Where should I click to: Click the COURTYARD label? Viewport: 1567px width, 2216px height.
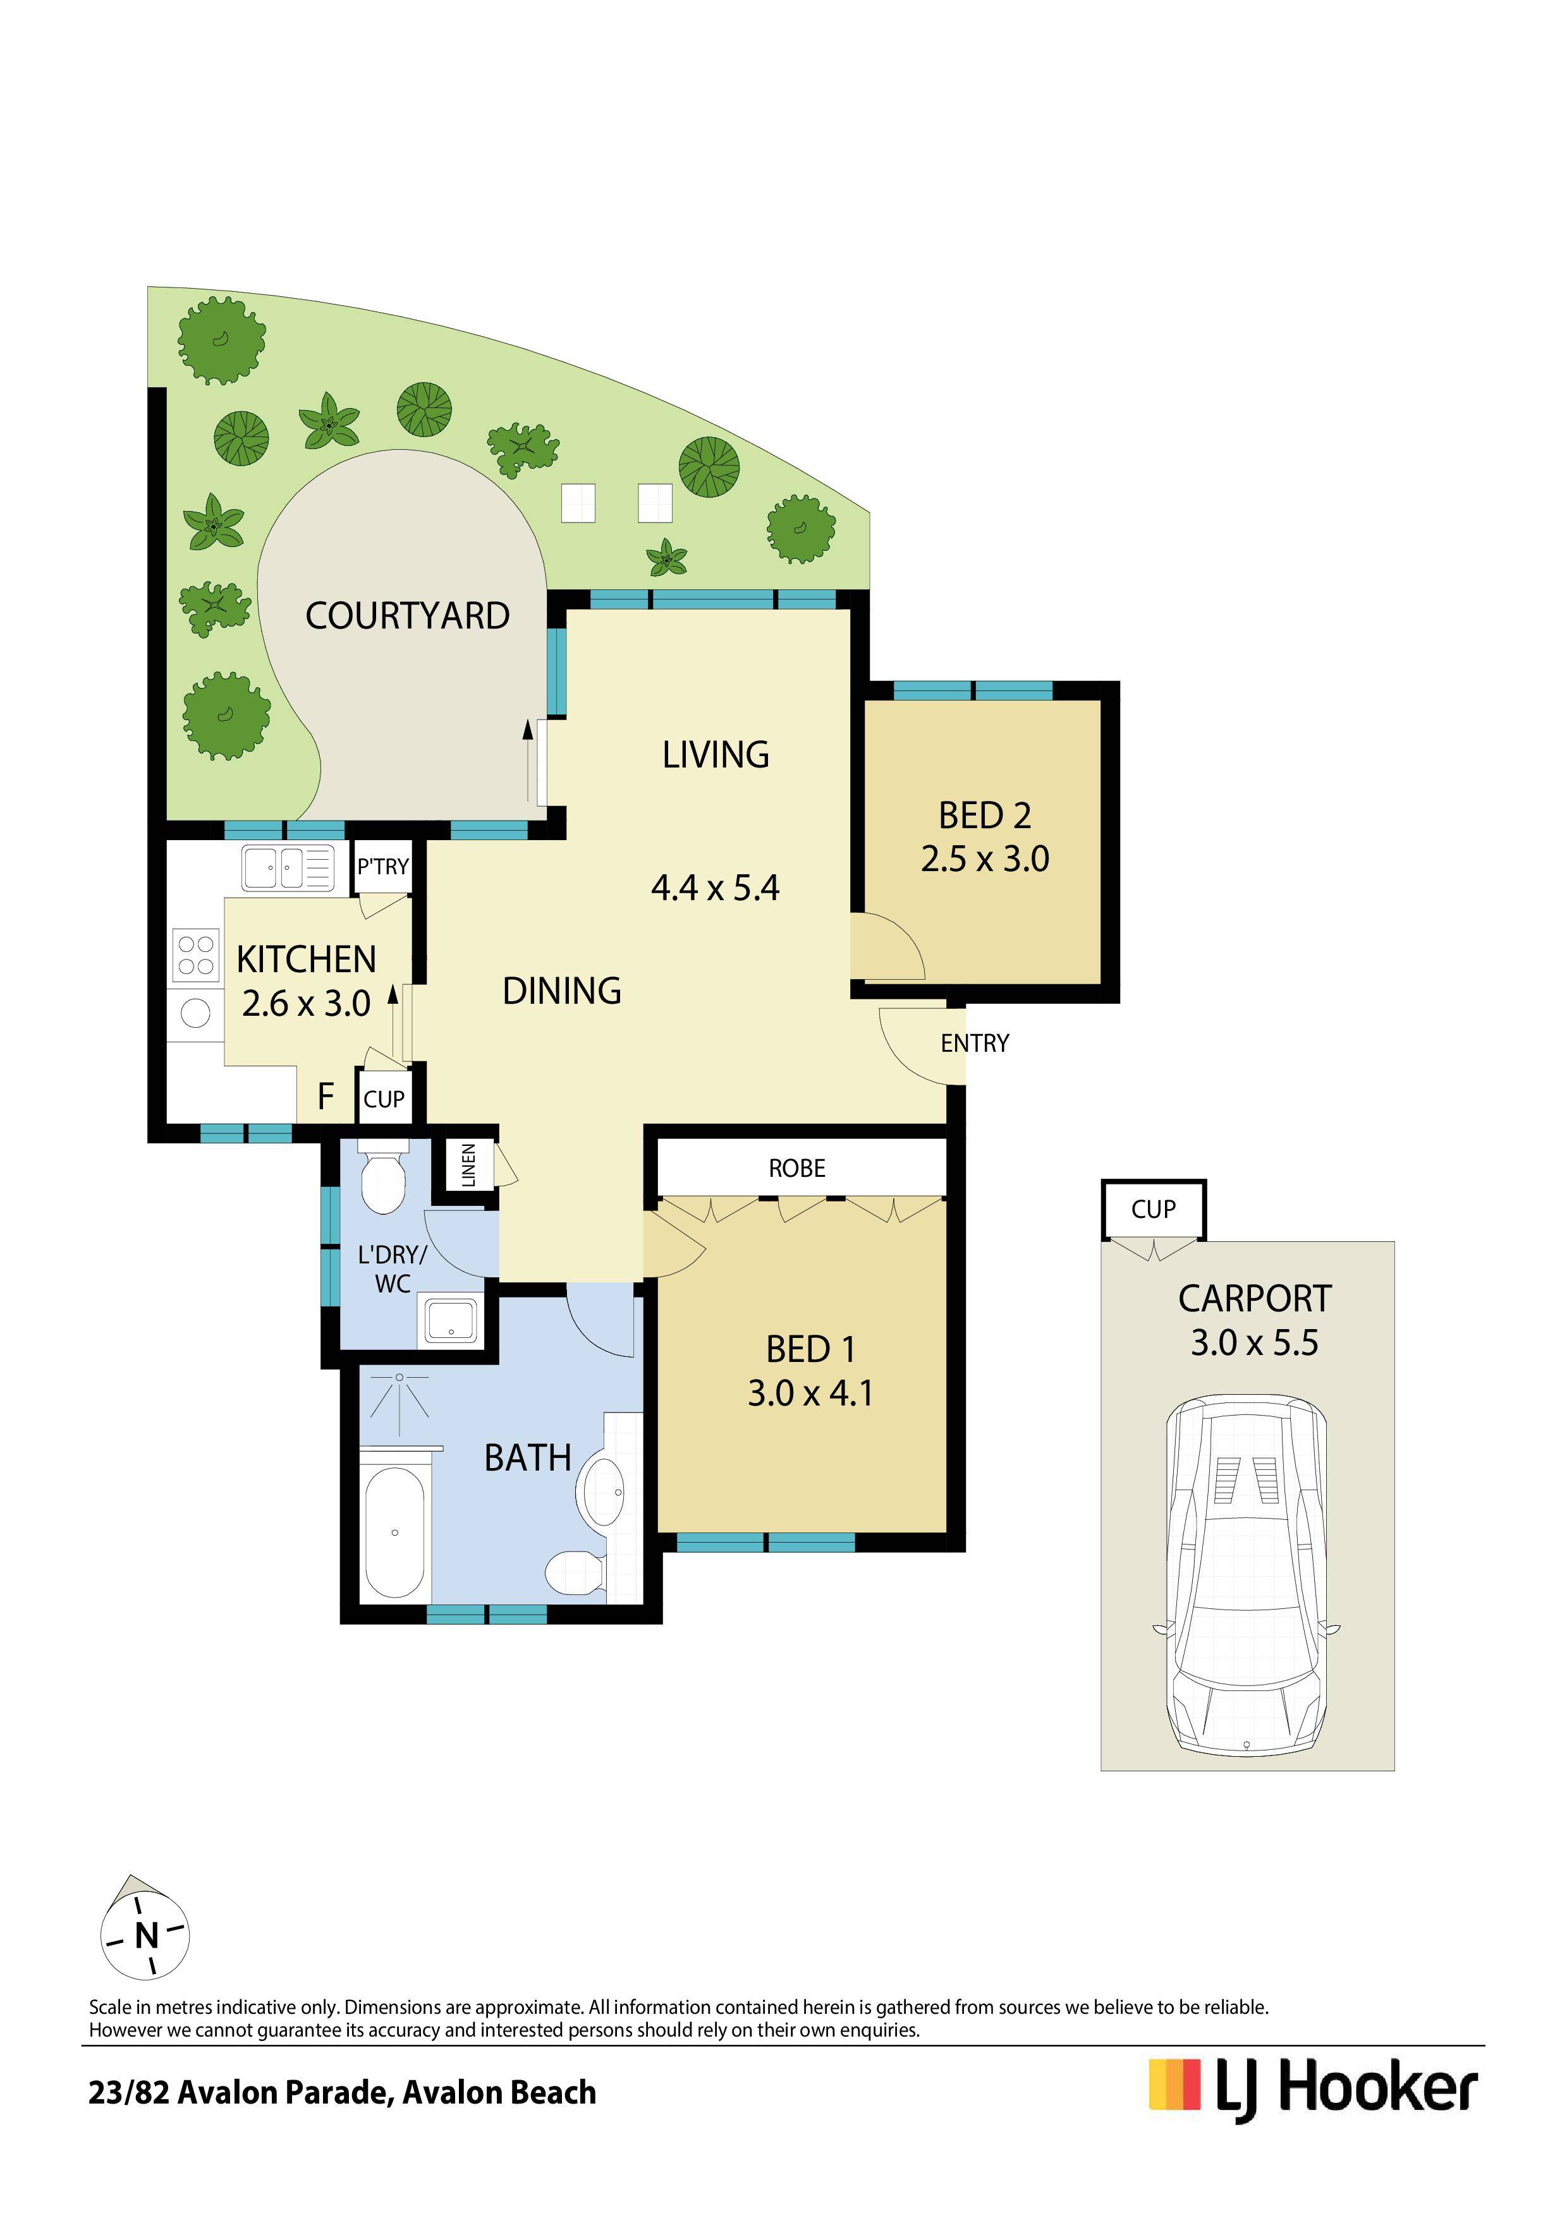click(x=408, y=616)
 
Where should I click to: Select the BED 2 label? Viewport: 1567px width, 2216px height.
click(x=985, y=816)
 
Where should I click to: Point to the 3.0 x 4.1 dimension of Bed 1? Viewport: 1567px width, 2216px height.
click(x=810, y=1393)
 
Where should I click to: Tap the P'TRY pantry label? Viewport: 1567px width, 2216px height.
click(x=383, y=867)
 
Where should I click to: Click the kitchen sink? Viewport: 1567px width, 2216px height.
click(x=288, y=868)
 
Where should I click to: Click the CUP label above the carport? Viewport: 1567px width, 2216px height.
click(x=1154, y=1209)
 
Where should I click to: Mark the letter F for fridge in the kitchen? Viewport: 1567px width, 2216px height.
click(x=326, y=1097)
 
